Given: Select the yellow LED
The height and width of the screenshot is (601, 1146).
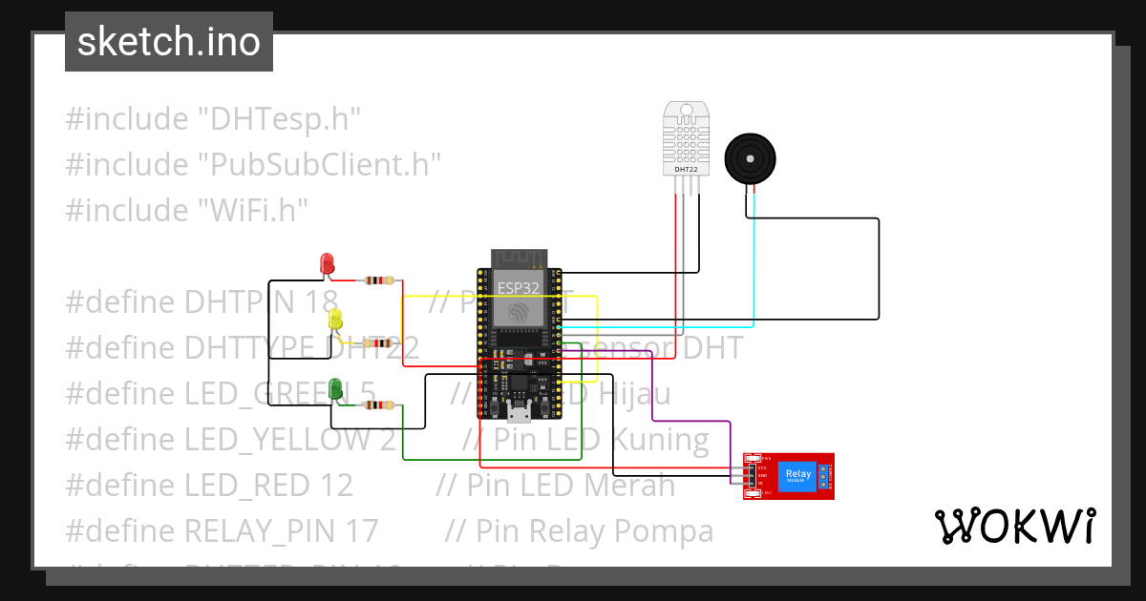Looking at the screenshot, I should click(x=335, y=321).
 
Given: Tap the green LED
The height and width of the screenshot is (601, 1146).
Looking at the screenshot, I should click(x=335, y=388).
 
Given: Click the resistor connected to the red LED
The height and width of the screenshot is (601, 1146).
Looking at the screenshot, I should click(x=379, y=280).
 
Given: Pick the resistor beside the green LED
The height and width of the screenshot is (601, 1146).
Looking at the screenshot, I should click(x=379, y=405).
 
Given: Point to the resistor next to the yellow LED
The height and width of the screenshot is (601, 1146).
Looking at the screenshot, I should click(x=381, y=343).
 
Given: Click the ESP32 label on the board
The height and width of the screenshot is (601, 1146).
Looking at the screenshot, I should click(x=517, y=285).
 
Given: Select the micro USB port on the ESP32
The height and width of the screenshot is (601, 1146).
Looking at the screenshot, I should click(x=520, y=412).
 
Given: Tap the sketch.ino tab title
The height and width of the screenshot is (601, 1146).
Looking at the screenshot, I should click(x=169, y=42).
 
